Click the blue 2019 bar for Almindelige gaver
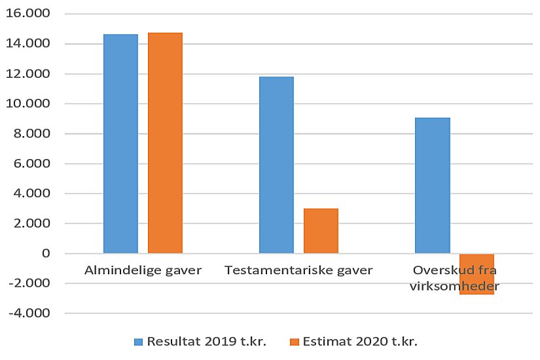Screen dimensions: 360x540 120,143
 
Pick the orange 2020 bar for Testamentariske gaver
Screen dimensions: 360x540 321,230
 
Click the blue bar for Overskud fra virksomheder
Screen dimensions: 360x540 433,185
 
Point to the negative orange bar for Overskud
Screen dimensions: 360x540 477,274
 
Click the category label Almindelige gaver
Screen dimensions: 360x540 143,270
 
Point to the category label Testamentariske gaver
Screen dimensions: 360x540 298,270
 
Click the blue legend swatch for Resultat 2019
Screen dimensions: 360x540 138,342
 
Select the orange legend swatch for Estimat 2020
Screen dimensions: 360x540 294,342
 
